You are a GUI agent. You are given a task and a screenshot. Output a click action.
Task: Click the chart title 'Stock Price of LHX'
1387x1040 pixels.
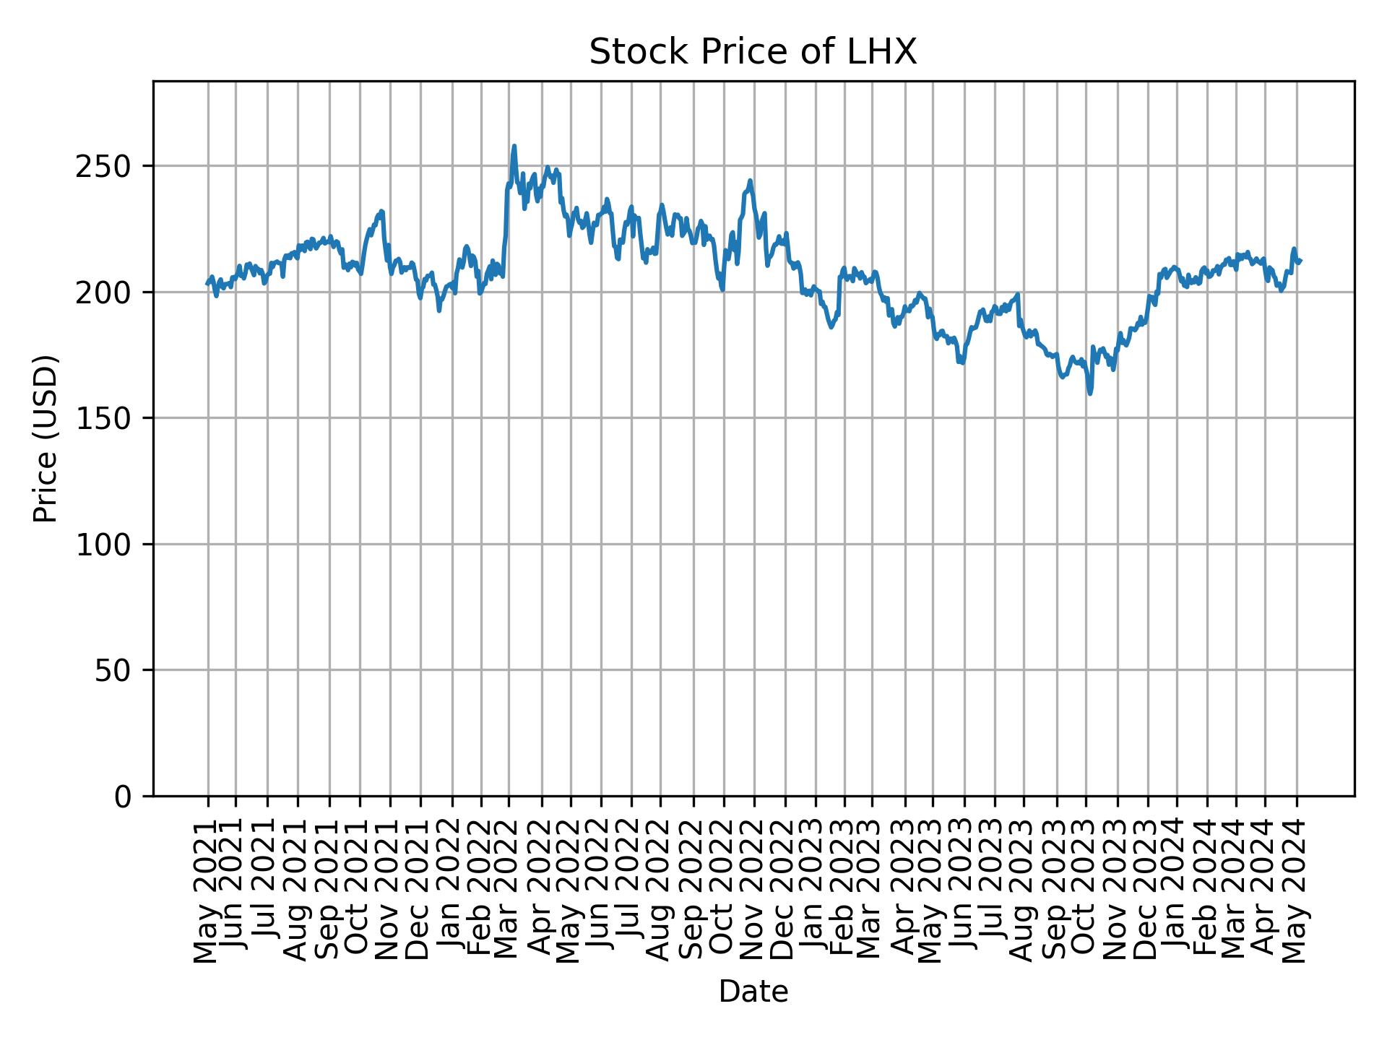tap(753, 53)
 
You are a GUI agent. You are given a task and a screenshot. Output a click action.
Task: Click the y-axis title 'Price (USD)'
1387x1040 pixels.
tap(46, 438)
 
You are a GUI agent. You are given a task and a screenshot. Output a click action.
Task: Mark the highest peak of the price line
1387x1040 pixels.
tap(514, 146)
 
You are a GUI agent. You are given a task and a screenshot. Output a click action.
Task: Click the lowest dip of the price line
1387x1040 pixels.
tap(1089, 394)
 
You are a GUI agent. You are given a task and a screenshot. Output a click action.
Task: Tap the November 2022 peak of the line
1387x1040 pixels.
tap(751, 181)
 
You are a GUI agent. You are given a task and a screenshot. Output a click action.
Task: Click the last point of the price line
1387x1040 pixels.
tap(1300, 261)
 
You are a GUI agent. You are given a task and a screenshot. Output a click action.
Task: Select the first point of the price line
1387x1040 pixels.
tap(207, 284)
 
